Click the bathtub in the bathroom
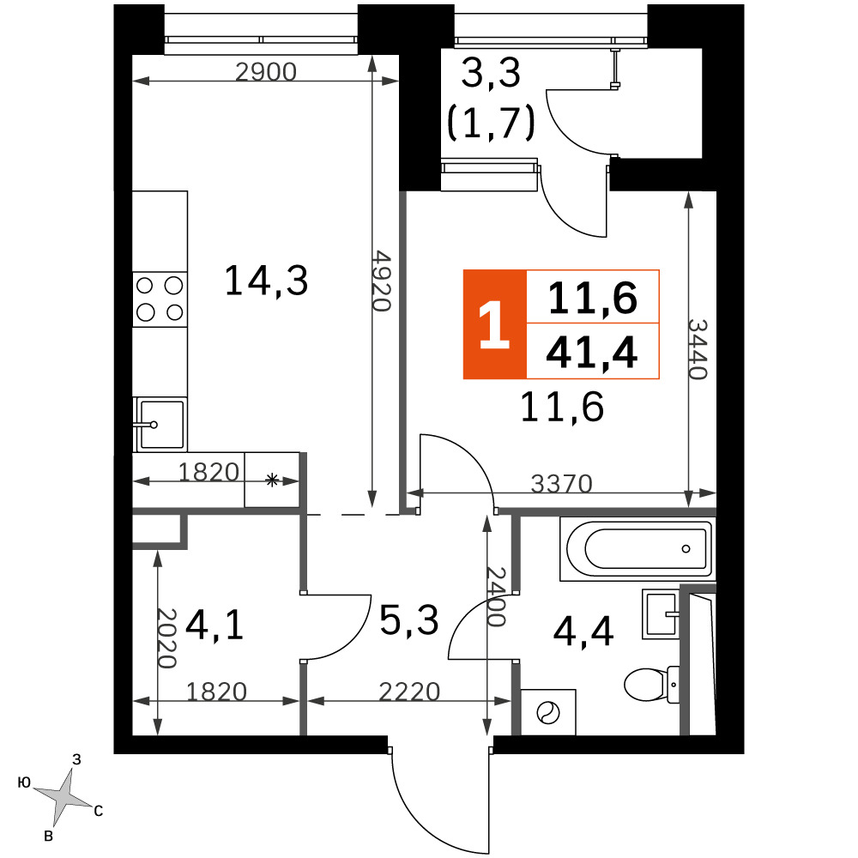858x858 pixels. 637,548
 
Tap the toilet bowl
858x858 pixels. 652,684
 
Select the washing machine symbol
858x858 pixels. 548,712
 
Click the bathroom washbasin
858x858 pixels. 661,614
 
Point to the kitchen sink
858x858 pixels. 160,424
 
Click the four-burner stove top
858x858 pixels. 160,299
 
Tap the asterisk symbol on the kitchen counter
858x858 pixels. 272,480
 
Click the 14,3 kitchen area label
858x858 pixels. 267,281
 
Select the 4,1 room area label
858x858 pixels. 214,625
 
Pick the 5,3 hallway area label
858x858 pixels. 409,620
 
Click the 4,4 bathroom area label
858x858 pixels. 583,632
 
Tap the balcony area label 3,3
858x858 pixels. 491,73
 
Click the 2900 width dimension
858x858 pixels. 266,72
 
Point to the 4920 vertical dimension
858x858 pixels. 382,281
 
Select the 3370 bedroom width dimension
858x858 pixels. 562,484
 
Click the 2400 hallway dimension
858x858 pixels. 496,596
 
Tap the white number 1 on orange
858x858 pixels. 494,324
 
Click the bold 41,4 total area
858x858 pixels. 592,353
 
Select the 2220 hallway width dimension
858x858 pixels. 409,692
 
